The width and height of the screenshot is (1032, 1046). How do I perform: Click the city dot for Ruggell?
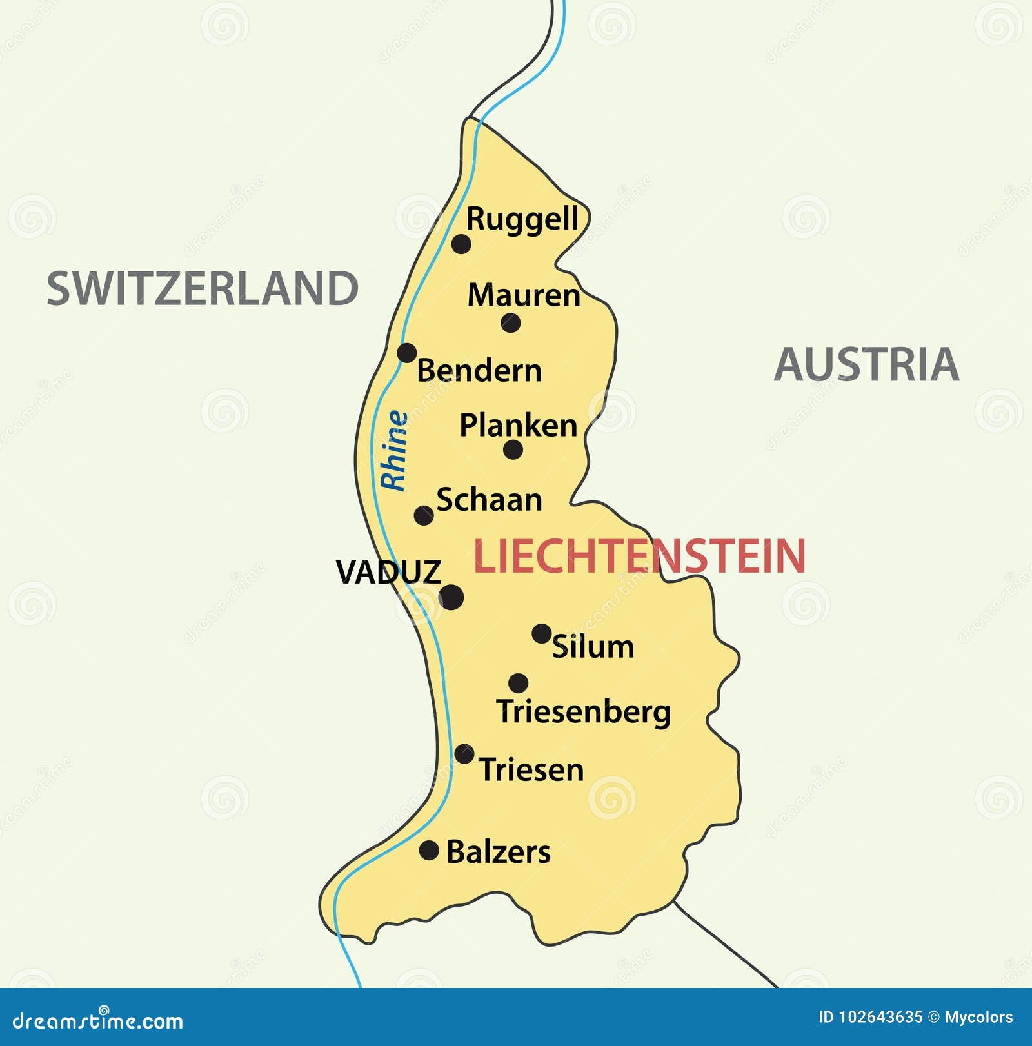(x=461, y=244)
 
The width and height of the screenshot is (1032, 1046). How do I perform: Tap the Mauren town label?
(x=523, y=295)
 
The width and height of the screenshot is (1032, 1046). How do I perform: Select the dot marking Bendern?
(x=406, y=353)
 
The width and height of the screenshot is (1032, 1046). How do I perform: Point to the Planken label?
(x=518, y=426)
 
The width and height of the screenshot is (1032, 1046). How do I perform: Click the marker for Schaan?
(x=424, y=515)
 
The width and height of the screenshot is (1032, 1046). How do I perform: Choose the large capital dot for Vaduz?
(x=451, y=597)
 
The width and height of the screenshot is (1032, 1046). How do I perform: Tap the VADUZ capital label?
(x=388, y=572)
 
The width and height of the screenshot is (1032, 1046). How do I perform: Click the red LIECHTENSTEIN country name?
(x=639, y=556)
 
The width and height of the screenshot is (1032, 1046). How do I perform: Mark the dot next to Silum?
(x=541, y=633)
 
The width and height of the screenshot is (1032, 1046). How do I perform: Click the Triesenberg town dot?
(x=518, y=683)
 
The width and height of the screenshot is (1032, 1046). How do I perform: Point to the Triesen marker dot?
(x=464, y=753)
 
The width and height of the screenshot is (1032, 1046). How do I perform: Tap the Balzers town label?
(x=498, y=852)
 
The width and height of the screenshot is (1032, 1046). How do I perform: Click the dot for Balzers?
(x=429, y=850)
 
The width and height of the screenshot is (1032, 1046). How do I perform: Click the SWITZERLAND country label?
(x=203, y=288)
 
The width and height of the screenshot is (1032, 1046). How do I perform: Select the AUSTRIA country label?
(x=866, y=364)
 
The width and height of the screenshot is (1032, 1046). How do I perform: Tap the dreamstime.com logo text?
(x=98, y=1021)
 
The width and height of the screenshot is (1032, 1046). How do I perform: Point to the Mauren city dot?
(x=511, y=322)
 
